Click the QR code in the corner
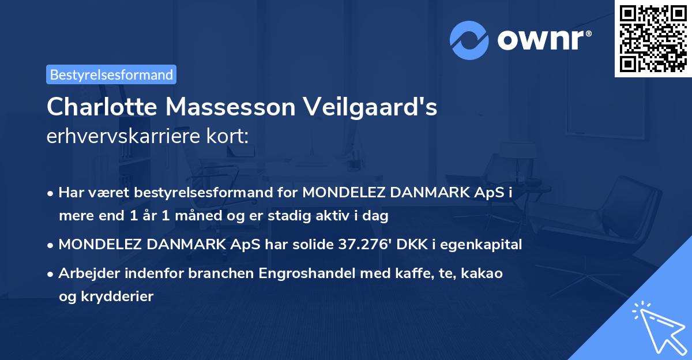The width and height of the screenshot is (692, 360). [653, 39]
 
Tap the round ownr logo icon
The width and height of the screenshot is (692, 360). [469, 40]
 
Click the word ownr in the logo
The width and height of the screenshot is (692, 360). [544, 40]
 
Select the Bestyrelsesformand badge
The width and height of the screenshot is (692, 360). [111, 74]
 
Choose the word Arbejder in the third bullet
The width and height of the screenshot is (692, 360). [86, 273]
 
